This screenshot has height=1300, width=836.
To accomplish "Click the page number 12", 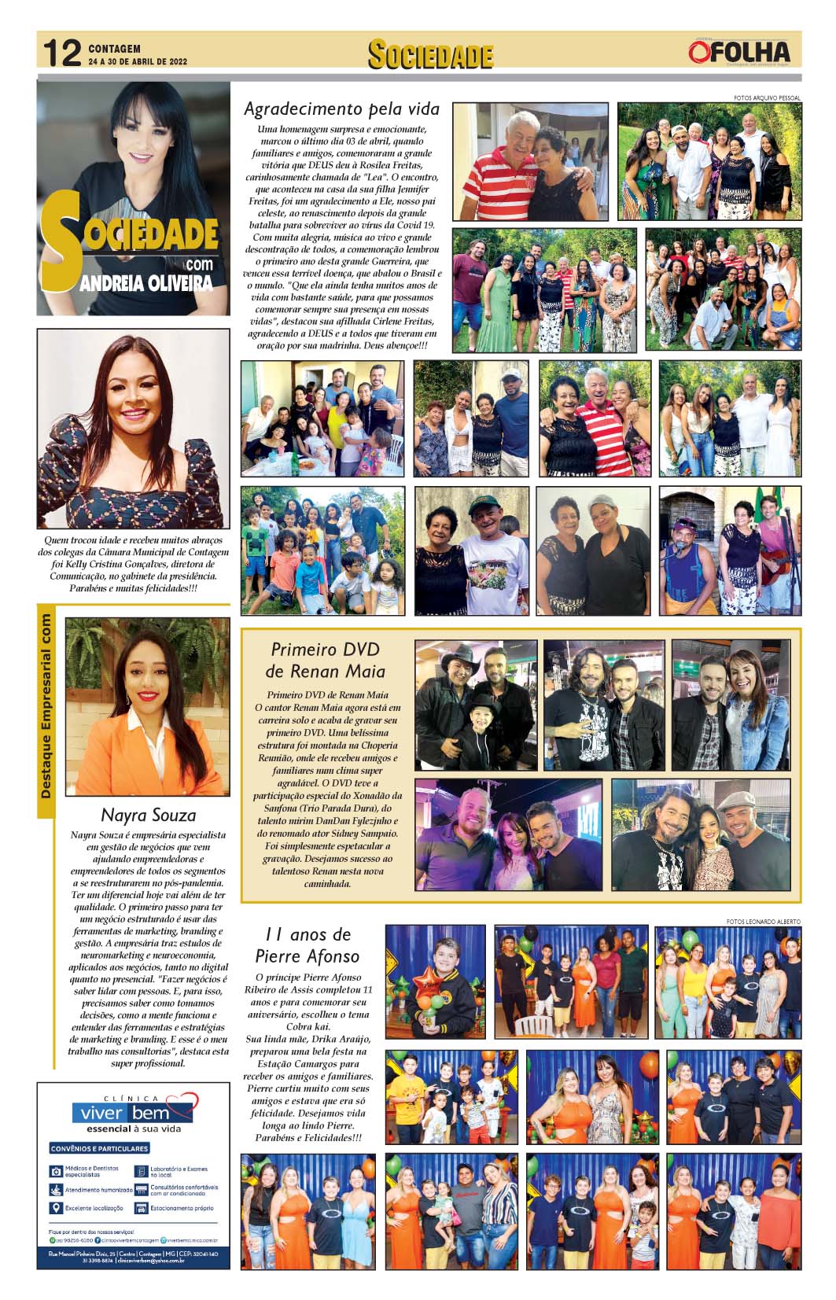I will pos(62,53).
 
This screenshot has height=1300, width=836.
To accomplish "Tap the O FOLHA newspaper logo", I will pos(738,52).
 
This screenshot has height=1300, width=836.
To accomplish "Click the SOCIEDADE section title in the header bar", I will pos(430,55).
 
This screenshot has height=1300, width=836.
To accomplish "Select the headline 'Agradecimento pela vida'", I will pos(341,109).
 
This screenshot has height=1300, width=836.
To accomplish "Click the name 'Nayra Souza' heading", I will pos(149,814).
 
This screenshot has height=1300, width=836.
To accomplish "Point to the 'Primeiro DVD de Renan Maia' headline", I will pos(325,660).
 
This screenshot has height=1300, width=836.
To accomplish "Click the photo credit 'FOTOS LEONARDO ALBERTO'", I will pos(763,921).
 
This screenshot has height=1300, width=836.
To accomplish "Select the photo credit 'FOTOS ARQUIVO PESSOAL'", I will pos(766,98).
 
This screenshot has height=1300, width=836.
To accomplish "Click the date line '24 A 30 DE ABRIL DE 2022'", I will pos(138,61).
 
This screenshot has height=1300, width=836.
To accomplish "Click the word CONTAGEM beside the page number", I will pos(115,48).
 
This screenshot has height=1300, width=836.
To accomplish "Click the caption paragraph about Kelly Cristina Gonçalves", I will pos(133,564).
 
